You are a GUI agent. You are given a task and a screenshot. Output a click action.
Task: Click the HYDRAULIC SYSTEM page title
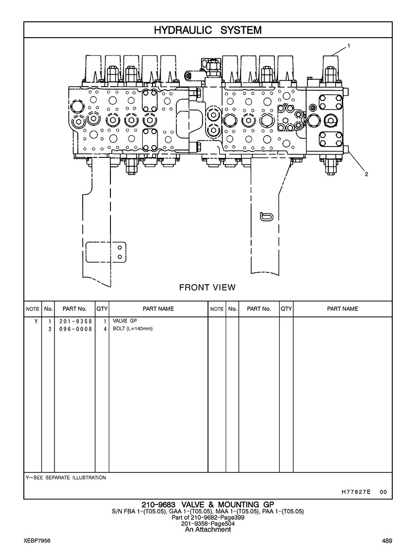coord(208,30)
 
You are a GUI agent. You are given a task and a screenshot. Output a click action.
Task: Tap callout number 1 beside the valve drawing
coord(349,46)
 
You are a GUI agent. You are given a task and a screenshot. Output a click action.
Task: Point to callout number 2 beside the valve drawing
coord(366,174)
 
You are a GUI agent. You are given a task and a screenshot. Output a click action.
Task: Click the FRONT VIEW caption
coord(207,287)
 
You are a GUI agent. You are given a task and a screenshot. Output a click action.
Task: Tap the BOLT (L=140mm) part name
coord(133,329)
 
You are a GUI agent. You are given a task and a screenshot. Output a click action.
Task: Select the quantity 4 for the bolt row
coord(105,329)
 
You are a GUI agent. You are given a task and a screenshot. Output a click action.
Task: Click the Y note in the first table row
coord(35,321)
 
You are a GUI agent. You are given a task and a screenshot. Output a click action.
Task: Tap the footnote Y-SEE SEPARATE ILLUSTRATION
coord(65,478)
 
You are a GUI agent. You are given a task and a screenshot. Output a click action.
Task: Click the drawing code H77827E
coord(356,492)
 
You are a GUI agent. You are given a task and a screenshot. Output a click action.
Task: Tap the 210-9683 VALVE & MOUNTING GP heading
coord(208,505)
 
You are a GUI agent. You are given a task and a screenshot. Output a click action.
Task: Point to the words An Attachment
coord(208,529)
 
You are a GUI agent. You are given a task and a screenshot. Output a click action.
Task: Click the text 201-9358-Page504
coord(208,523)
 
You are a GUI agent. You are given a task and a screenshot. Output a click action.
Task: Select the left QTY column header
coord(102,309)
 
